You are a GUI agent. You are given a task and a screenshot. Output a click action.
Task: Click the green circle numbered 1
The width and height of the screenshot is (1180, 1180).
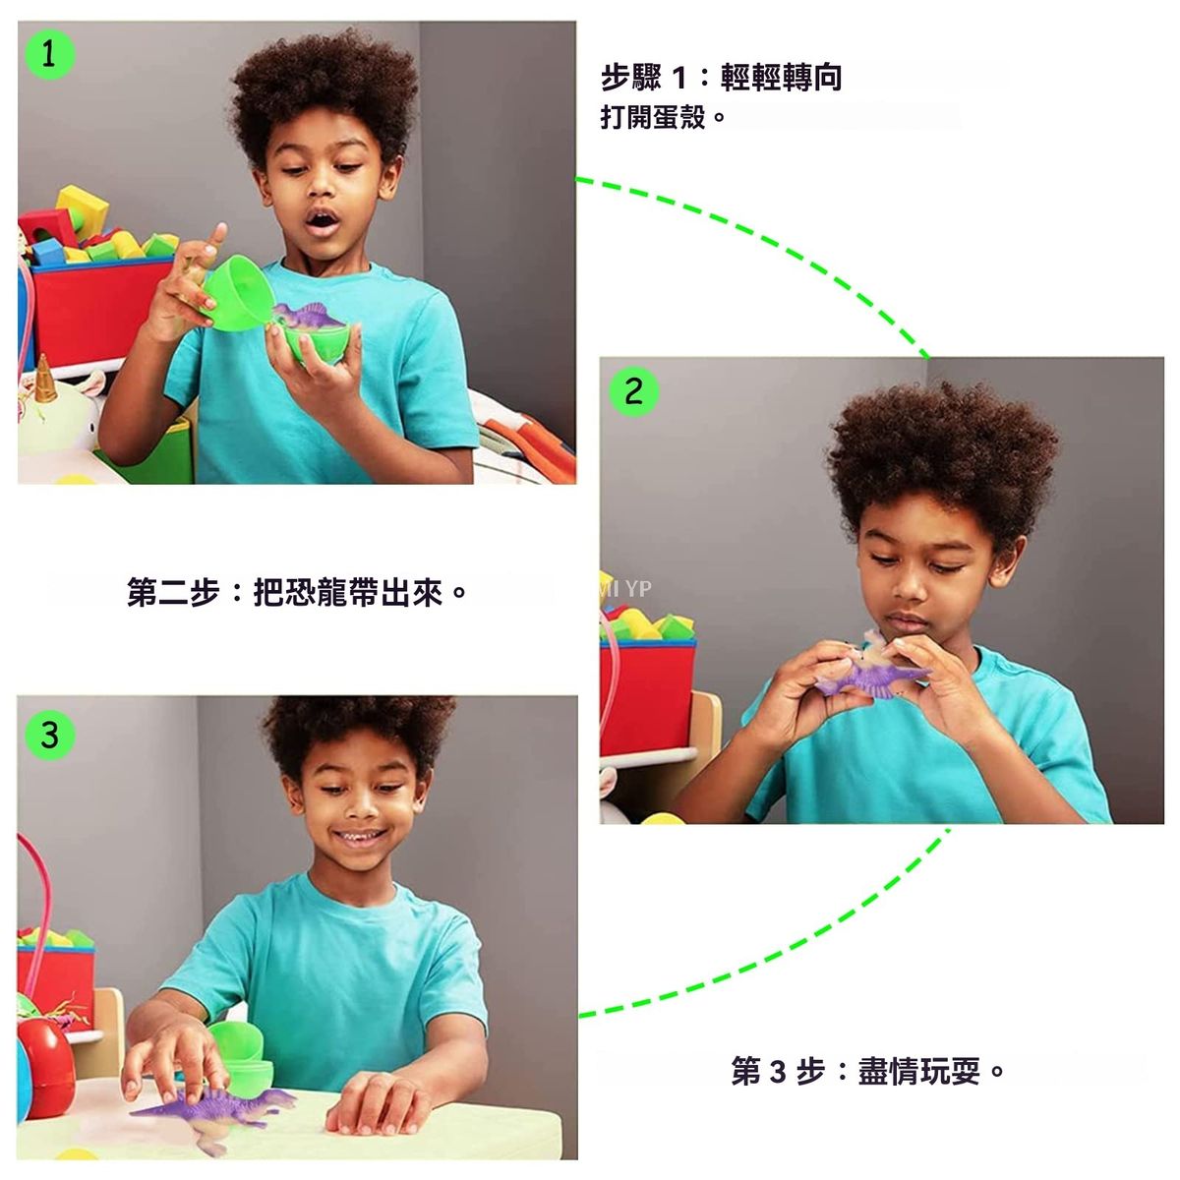[x=50, y=54]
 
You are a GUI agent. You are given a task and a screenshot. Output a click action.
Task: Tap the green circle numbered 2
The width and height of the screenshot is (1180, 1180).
[x=634, y=391]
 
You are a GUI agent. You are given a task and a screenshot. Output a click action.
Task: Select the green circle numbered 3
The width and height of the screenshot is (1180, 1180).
[x=50, y=735]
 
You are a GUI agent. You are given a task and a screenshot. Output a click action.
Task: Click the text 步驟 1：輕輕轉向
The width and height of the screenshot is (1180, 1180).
[x=721, y=78]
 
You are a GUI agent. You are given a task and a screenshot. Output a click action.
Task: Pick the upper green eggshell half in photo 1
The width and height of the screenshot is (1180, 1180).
[x=235, y=293]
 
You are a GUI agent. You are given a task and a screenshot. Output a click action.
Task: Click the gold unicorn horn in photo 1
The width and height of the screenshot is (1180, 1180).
[x=44, y=379]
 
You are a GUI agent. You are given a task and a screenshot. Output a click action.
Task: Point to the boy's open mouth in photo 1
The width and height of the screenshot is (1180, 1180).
[x=323, y=221]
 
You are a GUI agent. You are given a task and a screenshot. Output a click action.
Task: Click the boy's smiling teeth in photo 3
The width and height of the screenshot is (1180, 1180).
[x=360, y=835]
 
